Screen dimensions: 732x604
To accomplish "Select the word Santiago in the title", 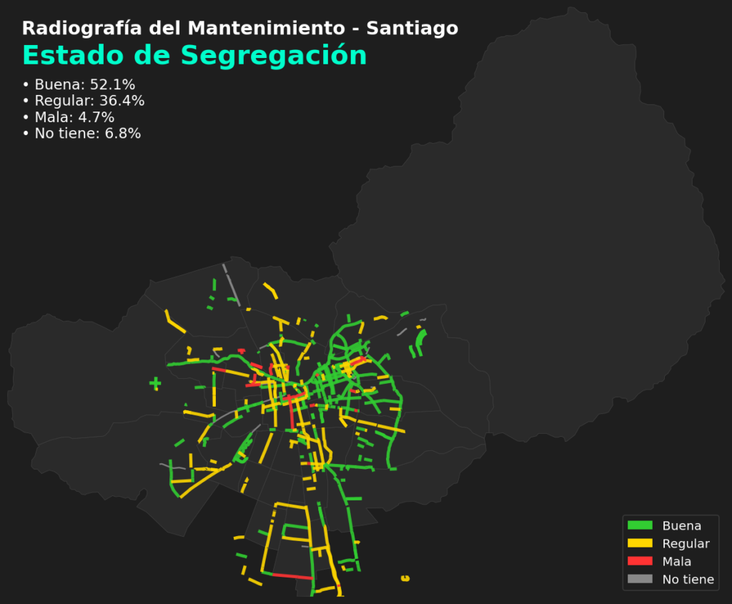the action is (x=412, y=29).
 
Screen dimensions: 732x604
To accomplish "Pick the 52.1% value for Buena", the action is (x=112, y=84).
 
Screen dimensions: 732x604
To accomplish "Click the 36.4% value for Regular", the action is (x=122, y=101).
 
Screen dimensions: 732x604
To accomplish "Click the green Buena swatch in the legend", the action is (x=640, y=525).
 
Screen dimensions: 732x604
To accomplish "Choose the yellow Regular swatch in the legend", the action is (x=640, y=543).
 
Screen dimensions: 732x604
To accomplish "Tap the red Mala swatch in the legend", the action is (x=640, y=561).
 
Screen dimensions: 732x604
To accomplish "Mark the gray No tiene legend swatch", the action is (x=640, y=579).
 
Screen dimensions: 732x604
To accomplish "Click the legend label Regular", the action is (x=686, y=544).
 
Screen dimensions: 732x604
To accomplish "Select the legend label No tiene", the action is (x=688, y=580).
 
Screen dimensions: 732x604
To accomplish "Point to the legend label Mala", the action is (x=676, y=562).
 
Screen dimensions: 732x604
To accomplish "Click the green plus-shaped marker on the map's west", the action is (x=155, y=384).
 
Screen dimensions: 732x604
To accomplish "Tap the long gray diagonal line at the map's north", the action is (x=230, y=283).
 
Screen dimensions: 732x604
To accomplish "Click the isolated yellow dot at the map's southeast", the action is (x=406, y=578).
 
